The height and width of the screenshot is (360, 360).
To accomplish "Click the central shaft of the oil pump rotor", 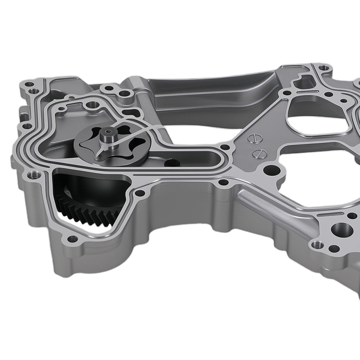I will click(x=107, y=136).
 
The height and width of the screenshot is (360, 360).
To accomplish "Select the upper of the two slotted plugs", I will click(x=254, y=138).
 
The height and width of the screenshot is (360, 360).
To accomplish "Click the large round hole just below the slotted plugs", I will click(x=269, y=169).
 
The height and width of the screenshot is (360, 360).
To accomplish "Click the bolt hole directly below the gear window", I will click(x=72, y=238).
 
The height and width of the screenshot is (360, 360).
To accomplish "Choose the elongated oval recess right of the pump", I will click(x=187, y=157).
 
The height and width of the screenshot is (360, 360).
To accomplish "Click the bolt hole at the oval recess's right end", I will click(x=225, y=147).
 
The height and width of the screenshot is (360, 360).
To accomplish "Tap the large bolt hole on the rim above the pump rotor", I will click(x=93, y=105).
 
